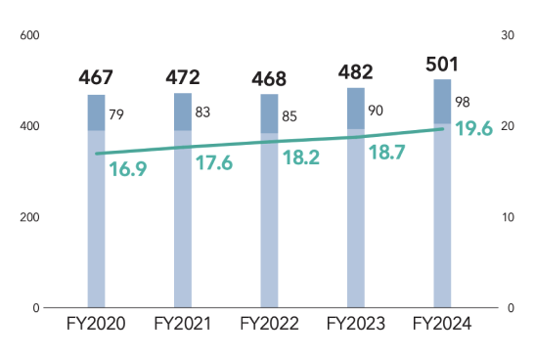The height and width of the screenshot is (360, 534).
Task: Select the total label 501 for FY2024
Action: pos(442,65)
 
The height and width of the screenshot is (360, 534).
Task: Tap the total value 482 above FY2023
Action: pos(356,72)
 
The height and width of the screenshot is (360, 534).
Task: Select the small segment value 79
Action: pos(116,115)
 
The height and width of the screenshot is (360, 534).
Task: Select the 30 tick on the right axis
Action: pos(507,35)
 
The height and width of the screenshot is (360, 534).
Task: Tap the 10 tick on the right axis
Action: pos(507,216)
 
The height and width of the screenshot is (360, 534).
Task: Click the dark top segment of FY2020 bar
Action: pos(96,112)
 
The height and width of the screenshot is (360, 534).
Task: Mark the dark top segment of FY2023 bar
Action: pos(356,109)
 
